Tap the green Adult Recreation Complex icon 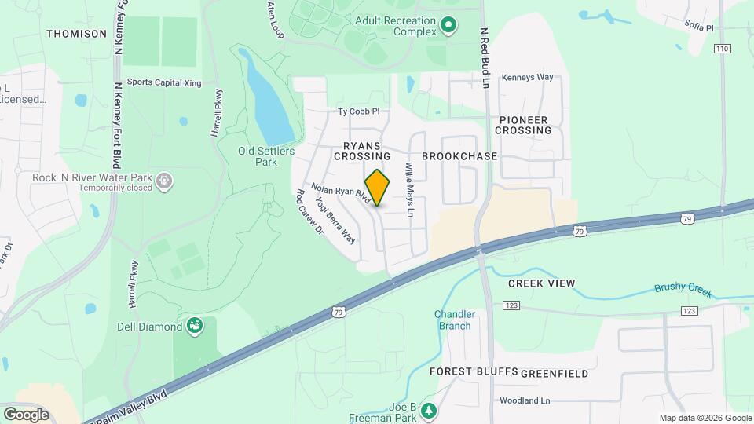point(448,26)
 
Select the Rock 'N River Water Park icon point(164,181)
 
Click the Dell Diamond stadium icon point(194,324)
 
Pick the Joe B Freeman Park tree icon point(428,410)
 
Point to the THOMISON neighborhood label point(76,34)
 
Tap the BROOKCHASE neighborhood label point(459,156)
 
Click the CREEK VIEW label point(541,283)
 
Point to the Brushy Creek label point(683,290)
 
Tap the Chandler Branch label point(454,320)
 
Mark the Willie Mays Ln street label point(408,191)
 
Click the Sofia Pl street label point(698,27)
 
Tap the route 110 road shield point(723,49)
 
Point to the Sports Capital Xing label point(164,82)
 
